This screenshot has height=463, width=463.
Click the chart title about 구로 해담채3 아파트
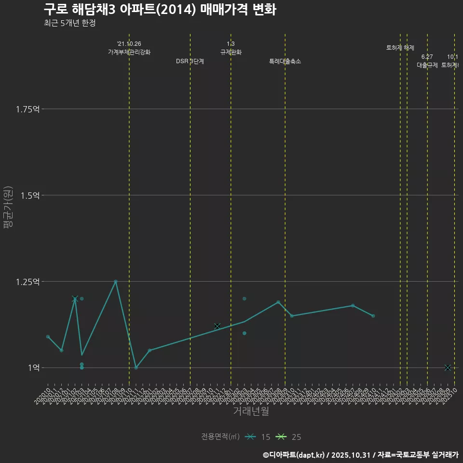[x=160, y=10]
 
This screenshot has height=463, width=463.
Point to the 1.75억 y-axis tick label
[x=27, y=109]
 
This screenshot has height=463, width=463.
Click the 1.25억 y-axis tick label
[x=27, y=282]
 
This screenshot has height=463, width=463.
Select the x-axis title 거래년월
[x=251, y=411]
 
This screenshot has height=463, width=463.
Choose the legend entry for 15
[x=258, y=437]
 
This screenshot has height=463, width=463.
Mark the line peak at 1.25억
[x=116, y=281]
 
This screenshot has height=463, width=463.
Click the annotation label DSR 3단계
[x=190, y=61]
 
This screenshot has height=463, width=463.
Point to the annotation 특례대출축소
[x=285, y=61]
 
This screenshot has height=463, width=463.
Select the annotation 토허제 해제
[x=400, y=48]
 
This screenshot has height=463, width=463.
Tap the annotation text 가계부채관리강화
[x=129, y=52]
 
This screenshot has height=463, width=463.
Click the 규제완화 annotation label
[x=231, y=52]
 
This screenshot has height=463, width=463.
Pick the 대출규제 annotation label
[x=427, y=65]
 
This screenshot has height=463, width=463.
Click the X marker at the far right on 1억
[x=448, y=368]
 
